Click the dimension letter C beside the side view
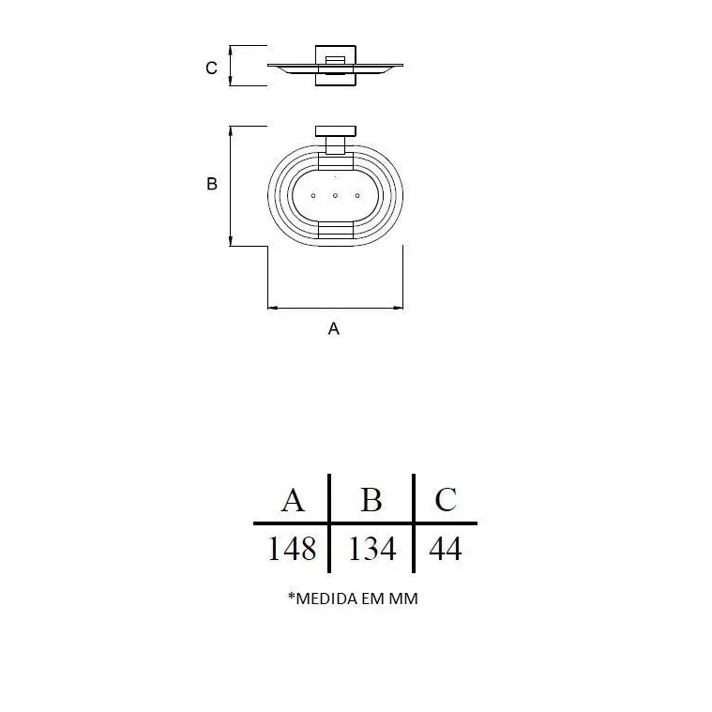[x=211, y=68]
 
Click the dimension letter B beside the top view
[x=212, y=184]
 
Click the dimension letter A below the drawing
[x=334, y=328]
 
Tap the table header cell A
[x=293, y=500]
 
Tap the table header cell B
[x=371, y=499]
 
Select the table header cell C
[x=446, y=499]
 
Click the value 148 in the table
[x=292, y=549]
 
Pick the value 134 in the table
[x=371, y=549]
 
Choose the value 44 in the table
[x=446, y=549]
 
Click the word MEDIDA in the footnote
[x=327, y=598]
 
